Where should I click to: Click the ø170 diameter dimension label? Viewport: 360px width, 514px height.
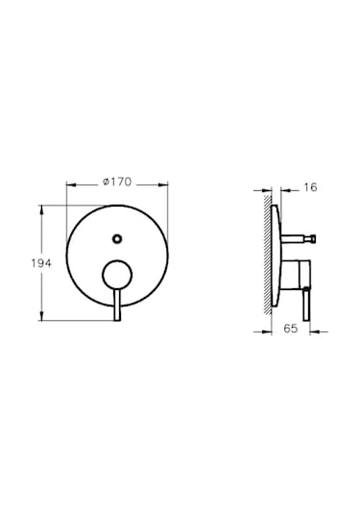(x=117, y=182)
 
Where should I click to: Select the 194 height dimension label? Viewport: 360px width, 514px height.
(x=41, y=263)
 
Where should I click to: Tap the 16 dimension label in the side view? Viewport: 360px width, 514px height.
(x=310, y=187)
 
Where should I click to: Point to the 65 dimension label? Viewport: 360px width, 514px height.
(x=291, y=329)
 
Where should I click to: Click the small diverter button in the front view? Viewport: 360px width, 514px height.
(x=117, y=238)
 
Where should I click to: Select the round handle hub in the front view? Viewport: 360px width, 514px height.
(x=117, y=275)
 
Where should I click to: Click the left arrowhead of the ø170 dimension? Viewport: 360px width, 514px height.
(x=71, y=184)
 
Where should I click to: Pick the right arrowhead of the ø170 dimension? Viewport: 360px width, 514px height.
(x=163, y=184)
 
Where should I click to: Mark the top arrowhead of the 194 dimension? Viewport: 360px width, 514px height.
(x=41, y=209)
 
